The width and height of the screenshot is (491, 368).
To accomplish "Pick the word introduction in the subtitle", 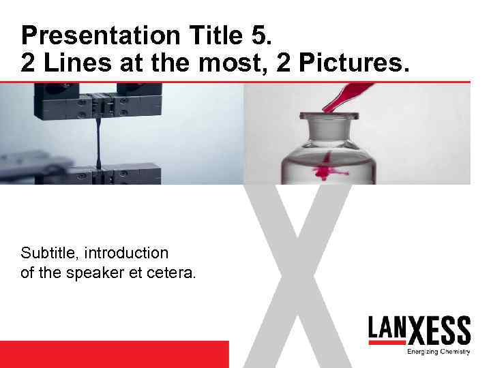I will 128,253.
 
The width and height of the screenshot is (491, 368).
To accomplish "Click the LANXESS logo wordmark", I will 419,331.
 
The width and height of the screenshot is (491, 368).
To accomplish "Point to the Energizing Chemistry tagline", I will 438,352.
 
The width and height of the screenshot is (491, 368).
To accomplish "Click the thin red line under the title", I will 245,82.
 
